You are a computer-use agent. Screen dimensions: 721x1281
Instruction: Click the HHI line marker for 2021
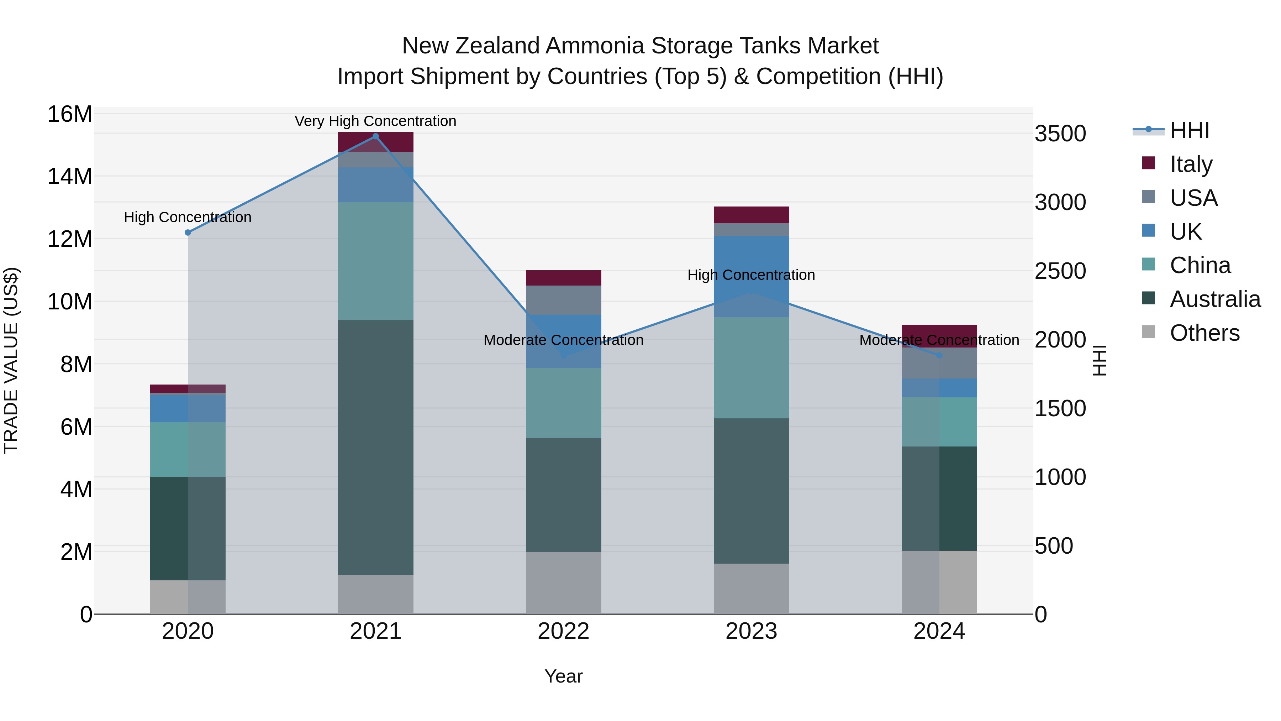(375, 136)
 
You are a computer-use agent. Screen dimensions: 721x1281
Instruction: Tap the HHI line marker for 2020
(188, 233)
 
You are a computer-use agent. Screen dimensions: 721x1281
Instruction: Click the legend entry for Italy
(1191, 164)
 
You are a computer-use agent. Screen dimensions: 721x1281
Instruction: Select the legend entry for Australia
(1214, 299)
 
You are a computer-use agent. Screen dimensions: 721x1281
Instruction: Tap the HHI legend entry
(1188, 130)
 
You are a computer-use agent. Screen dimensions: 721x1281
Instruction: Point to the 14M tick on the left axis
(70, 176)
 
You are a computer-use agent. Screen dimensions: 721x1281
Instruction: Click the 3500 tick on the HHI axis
(1060, 134)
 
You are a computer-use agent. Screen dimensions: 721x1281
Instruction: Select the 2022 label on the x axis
(563, 631)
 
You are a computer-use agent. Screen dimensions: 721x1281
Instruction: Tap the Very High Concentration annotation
(375, 121)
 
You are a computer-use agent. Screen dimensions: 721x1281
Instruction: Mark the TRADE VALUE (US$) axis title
(11, 360)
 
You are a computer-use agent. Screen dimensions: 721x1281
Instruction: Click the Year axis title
(563, 676)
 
